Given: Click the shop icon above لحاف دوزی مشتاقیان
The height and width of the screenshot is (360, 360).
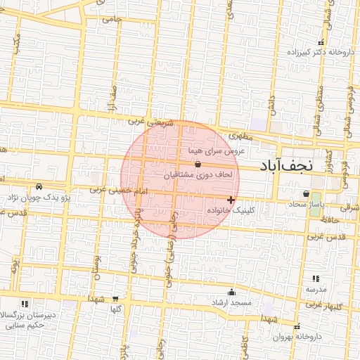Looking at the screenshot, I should point(197,163).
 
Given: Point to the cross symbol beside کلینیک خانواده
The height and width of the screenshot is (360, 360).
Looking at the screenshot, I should point(231,200).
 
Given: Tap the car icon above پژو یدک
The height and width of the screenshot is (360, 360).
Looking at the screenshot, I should point(39,187).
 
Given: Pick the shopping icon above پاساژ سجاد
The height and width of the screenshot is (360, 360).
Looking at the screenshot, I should point(306,194).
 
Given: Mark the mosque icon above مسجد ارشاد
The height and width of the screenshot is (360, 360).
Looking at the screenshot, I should point(232,292).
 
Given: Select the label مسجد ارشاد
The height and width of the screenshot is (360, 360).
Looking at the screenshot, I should point(232,302).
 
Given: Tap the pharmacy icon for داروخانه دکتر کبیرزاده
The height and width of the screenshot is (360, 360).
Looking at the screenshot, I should point(321,43).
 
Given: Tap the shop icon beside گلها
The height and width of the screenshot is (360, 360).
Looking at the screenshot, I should point(115,298).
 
